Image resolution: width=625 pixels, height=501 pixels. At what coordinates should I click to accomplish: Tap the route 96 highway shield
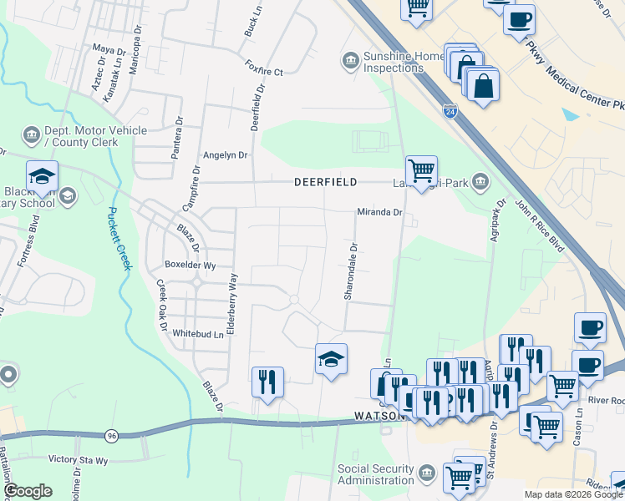(x=112, y=435)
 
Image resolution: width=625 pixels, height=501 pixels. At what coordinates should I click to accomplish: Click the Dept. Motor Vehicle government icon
(x=31, y=135)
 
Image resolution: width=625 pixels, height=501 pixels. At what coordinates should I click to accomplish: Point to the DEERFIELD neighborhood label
(x=326, y=182)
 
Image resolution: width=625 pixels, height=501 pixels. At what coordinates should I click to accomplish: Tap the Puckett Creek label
(x=119, y=238)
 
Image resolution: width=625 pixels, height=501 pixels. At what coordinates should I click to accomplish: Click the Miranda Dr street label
(x=380, y=213)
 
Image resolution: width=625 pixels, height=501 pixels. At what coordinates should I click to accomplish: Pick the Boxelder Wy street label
(x=191, y=266)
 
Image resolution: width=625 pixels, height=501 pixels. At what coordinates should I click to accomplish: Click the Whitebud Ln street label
(x=198, y=334)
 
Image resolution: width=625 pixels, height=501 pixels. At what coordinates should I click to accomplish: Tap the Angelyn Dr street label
(x=226, y=155)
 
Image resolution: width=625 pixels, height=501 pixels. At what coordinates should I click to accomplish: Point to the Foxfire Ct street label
(x=265, y=67)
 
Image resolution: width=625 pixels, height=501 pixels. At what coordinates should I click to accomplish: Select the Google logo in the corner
(x=28, y=491)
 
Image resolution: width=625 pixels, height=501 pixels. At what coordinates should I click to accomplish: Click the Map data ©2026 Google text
(x=573, y=494)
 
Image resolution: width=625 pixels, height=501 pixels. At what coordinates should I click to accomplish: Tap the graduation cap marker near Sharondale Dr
(x=331, y=360)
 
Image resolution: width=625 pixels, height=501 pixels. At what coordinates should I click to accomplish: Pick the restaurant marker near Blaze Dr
(x=267, y=383)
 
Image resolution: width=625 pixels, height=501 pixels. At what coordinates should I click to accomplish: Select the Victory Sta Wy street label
(x=78, y=459)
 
